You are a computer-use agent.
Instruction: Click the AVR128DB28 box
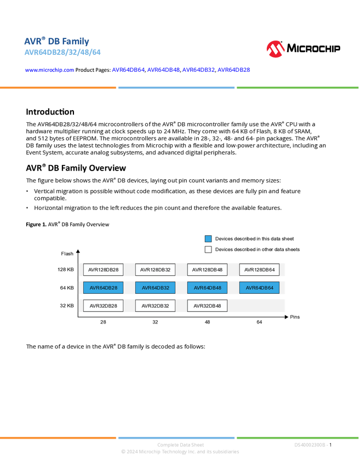[x=102, y=270]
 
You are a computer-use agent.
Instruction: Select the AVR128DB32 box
[x=155, y=270]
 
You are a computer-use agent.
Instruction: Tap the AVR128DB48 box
[x=207, y=270]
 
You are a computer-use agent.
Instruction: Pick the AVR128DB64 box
[x=259, y=270]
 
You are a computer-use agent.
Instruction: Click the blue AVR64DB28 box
[x=102, y=288]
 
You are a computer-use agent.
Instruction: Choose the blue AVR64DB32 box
[x=155, y=288]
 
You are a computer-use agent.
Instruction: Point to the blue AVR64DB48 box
[x=207, y=288]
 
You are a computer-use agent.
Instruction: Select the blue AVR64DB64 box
[x=259, y=288]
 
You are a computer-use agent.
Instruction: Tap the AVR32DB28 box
[x=102, y=306]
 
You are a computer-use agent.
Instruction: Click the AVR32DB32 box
[x=155, y=306]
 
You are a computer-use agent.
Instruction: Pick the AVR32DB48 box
[x=207, y=306]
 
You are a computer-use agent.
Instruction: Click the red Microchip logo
[x=276, y=49]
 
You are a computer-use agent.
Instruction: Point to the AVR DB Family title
[x=56, y=41]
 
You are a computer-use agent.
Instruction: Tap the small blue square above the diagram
[x=208, y=238]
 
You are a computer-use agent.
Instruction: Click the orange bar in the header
[x=58, y=88]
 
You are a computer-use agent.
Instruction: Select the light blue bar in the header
[x=176, y=88]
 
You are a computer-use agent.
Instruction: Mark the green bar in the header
[x=298, y=88]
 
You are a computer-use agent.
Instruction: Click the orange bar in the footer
[x=58, y=437]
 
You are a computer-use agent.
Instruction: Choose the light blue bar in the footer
[x=176, y=437]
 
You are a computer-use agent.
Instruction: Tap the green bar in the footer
[x=298, y=437]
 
